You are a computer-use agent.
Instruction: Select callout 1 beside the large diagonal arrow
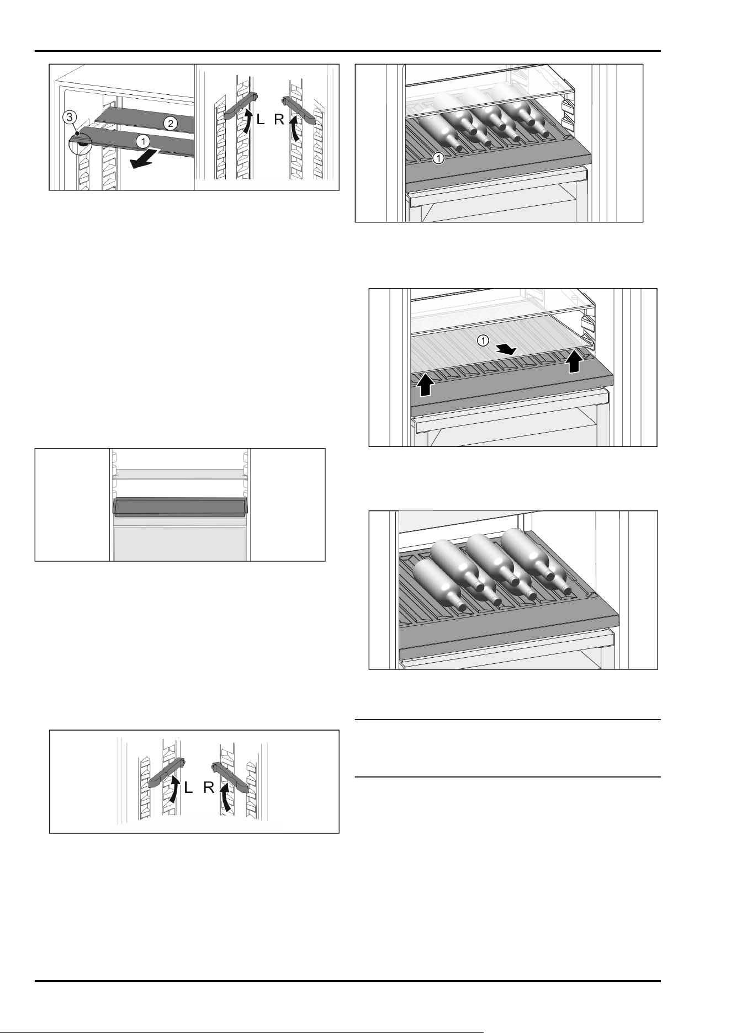click(x=142, y=142)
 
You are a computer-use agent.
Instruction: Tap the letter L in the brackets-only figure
click(x=188, y=788)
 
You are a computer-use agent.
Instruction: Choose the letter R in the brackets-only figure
click(x=209, y=788)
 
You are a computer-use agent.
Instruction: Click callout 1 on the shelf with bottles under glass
click(x=437, y=158)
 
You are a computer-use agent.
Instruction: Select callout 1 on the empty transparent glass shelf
click(x=483, y=341)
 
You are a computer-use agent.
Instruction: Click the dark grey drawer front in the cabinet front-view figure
click(x=180, y=506)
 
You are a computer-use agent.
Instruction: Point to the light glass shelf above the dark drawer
click(x=180, y=474)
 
